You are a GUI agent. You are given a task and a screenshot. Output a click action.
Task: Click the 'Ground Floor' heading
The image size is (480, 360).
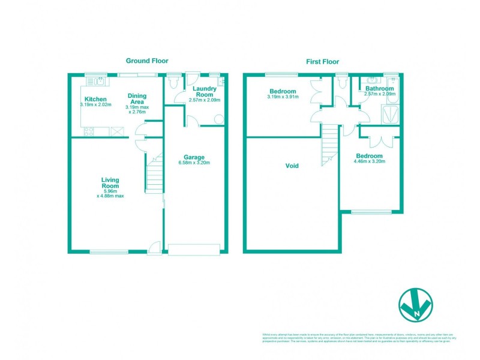coord(146,61)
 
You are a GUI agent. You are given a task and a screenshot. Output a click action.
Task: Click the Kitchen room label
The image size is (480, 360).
coord(95,99)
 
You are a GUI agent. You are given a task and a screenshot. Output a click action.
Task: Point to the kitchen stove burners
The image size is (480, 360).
coord(89,131)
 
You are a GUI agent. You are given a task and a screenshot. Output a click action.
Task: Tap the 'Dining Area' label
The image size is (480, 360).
coord(137,99)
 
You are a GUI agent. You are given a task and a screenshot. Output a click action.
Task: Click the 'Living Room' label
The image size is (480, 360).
coord(110,182)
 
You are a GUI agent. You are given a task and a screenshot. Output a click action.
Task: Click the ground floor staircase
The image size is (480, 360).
coord(155,174)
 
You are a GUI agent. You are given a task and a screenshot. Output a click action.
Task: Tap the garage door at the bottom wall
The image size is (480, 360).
coord(193,248)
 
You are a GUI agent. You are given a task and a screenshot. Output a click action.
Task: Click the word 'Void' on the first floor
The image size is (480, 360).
coord(292,166)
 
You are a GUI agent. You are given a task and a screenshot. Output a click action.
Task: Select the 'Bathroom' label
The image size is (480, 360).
coord(379,88)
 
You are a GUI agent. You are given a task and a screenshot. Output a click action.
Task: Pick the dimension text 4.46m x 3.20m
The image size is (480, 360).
coord(369,161)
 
